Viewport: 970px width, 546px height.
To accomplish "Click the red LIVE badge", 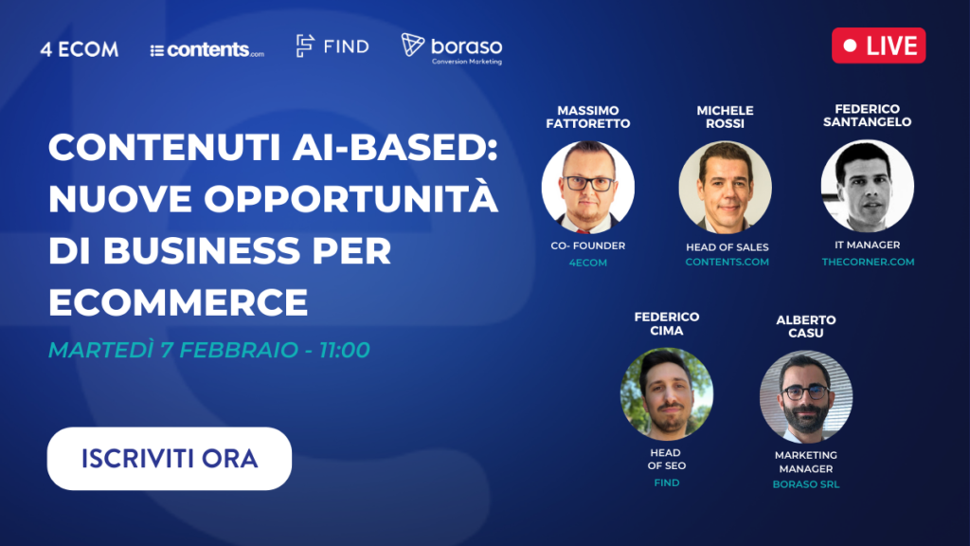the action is tap(878, 45).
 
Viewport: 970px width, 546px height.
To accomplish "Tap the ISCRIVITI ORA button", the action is tap(169, 458).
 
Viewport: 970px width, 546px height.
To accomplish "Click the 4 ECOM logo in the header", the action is tap(80, 49).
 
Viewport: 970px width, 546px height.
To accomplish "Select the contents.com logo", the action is tap(207, 49).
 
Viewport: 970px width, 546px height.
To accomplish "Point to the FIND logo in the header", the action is tap(332, 45).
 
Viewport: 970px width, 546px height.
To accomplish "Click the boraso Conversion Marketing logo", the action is tap(452, 48).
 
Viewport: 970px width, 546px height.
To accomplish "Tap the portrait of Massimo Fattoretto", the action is tap(587, 187).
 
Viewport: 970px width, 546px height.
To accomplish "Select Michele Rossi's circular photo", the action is tap(725, 187).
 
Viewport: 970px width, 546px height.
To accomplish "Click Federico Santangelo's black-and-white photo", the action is tap(868, 186).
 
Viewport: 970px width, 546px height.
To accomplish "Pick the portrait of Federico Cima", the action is tap(666, 393).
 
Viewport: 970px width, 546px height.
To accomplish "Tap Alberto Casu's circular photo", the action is tap(805, 396).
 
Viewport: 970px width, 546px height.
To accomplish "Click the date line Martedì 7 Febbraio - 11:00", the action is tap(209, 351).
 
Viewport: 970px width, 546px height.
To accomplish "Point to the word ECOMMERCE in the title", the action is tap(178, 302).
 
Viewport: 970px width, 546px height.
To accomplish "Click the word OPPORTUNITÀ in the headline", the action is tap(350, 197).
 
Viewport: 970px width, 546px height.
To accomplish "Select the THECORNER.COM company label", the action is tap(868, 262).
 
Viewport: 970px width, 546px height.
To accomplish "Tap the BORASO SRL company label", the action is tap(805, 484).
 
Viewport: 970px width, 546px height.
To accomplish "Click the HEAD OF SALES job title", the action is tap(727, 247).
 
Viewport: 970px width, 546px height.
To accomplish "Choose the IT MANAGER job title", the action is tap(868, 246).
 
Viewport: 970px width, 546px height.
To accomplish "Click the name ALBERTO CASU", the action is tap(805, 326).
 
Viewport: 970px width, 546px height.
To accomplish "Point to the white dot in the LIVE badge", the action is tap(850, 45).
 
